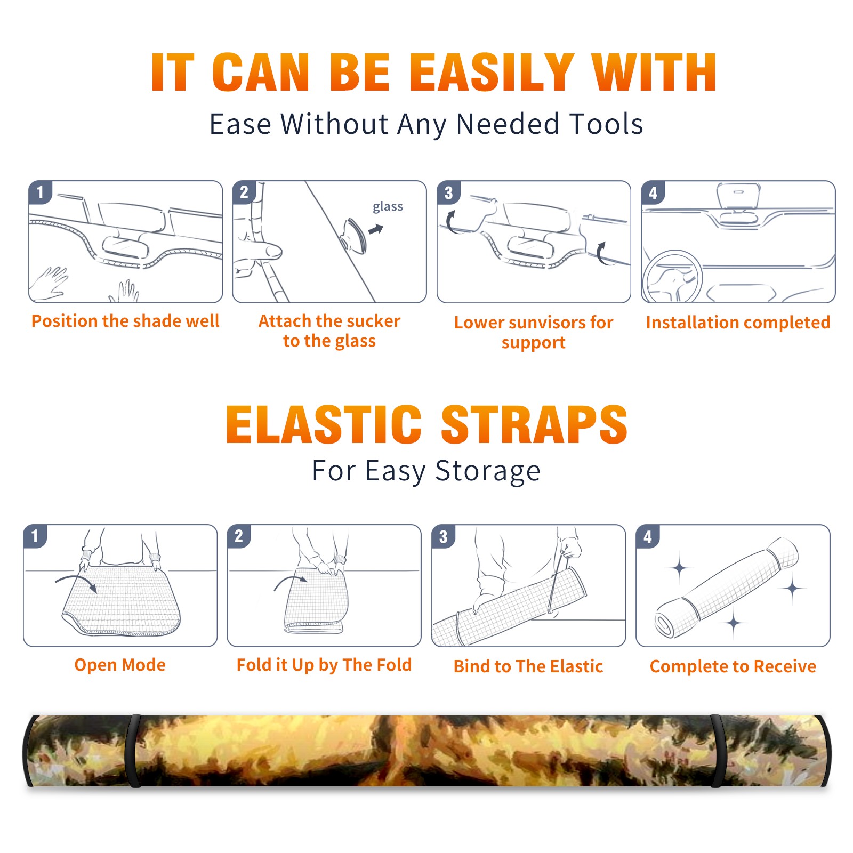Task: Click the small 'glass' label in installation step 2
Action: [x=388, y=207]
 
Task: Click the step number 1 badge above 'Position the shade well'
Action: [x=40, y=192]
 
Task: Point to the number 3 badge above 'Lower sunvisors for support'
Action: [x=448, y=192]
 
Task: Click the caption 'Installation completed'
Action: [x=738, y=322]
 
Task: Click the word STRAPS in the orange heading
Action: [x=534, y=424]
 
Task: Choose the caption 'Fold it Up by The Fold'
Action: [x=324, y=665]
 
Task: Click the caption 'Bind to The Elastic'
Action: [x=528, y=666]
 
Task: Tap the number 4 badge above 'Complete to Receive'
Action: [x=647, y=536]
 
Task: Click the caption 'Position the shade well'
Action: [x=125, y=321]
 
